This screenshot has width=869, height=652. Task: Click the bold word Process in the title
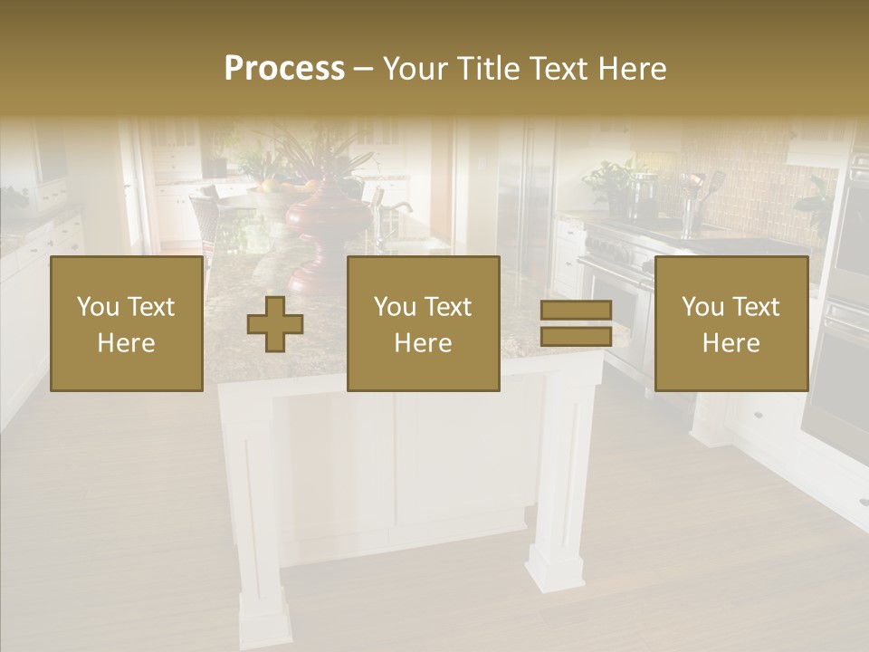point(284,69)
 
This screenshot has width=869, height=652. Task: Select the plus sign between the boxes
point(275,324)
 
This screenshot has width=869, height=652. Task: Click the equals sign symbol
point(576,323)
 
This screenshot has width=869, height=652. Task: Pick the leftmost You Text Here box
point(126,324)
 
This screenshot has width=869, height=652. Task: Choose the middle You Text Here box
point(423,324)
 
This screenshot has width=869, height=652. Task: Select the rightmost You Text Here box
point(731,324)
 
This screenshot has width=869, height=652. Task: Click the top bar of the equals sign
point(576,311)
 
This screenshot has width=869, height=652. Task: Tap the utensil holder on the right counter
point(692,213)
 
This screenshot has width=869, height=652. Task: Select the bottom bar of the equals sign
point(576,337)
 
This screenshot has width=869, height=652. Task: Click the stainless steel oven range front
point(616,299)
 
